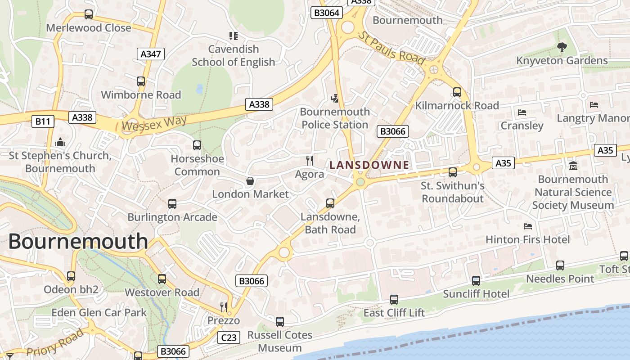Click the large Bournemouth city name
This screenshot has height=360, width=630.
(x=78, y=241)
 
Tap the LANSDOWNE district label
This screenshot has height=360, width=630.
(x=369, y=165)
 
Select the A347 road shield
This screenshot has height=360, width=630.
(x=150, y=54)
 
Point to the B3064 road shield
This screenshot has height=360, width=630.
(x=326, y=13)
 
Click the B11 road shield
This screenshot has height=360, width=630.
(x=43, y=121)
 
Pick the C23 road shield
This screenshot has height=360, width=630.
(x=229, y=337)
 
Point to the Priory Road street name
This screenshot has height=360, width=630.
(x=55, y=342)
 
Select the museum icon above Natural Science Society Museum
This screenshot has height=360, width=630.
(x=573, y=166)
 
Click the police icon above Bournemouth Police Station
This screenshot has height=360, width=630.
(x=334, y=98)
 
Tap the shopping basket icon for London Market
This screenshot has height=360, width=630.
(x=250, y=181)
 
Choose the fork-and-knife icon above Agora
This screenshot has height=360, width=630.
(x=310, y=160)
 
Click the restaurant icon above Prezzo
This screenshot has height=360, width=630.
(x=224, y=307)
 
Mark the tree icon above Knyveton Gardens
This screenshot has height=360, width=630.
(x=562, y=47)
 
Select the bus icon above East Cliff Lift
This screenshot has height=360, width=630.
(x=394, y=299)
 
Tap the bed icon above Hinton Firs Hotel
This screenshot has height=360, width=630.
(x=528, y=226)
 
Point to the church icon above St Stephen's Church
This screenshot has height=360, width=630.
(x=60, y=143)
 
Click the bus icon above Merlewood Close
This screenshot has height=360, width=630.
(x=89, y=14)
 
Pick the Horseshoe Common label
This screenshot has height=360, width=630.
(x=197, y=165)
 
